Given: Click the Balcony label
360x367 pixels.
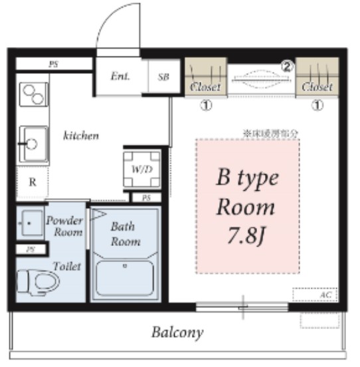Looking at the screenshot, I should tap(177, 332).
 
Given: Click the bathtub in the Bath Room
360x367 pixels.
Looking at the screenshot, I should tap(125, 279).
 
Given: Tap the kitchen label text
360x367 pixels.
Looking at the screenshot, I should tap(81, 136).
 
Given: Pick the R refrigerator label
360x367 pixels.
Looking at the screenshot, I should tap(32, 183).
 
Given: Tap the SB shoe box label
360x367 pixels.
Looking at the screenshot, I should tap(163, 76).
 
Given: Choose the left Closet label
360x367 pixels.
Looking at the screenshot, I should tap(205, 87).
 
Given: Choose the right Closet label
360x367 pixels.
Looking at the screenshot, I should tap(317, 87).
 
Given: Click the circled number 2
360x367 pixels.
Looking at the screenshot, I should tap(287, 66).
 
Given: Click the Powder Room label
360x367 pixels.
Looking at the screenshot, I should tap(64, 226).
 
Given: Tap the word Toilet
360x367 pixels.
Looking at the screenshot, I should tap(68, 266).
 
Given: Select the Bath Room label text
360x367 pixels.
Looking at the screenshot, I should tap(125, 233).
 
